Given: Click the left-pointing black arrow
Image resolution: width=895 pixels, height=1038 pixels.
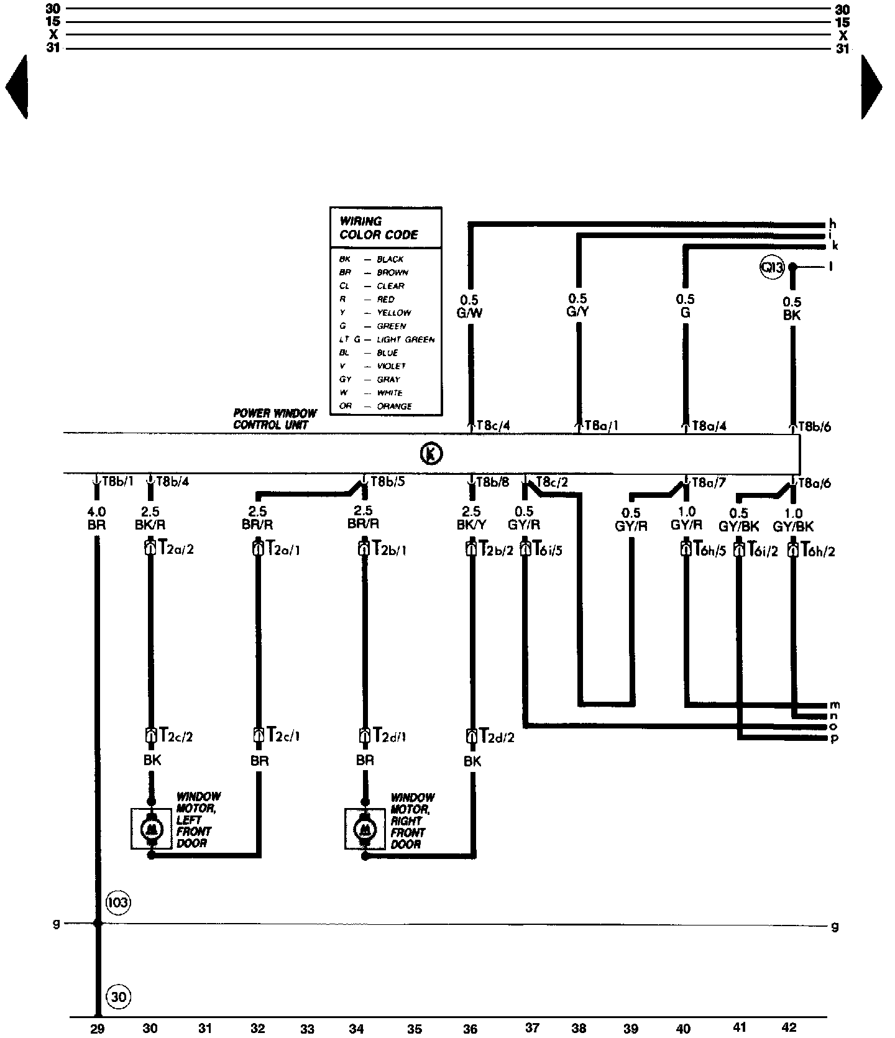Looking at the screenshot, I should point(17,87).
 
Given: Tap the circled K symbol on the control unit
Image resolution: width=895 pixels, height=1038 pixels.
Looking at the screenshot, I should point(431,454).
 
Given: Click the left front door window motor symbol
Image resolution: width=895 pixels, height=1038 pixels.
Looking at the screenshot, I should point(151,829).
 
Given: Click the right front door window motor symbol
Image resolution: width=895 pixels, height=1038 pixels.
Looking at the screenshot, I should point(365,829).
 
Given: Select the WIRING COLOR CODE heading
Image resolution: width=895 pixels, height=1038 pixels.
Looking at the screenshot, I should point(379,227).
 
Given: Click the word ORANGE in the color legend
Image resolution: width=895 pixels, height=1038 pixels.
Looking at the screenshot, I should point(394,406).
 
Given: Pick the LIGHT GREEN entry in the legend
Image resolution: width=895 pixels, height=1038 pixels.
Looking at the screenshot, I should point(405,339).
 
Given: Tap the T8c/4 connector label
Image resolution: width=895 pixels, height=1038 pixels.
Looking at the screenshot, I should point(493,426).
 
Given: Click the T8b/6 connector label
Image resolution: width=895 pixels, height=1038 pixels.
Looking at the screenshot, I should point(814,426).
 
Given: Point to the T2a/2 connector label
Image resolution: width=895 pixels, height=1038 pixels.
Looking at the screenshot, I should point(177,548).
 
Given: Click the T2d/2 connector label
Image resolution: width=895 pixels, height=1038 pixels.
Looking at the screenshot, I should point(497,737).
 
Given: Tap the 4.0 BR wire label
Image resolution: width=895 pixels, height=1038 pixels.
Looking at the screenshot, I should point(96,518).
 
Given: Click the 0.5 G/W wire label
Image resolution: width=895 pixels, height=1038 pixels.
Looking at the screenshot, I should point(469,306).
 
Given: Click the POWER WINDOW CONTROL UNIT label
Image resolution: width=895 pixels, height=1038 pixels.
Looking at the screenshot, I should point(275,419).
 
